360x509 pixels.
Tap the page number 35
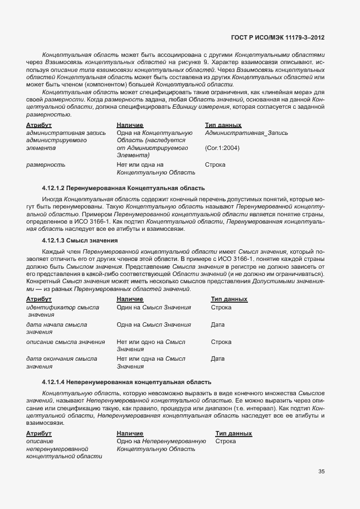[x=321, y=471]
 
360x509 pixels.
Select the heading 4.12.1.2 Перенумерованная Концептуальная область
[x=123, y=187]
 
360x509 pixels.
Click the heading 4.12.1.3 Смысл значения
[x=80, y=240]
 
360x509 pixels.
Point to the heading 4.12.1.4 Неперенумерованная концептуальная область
[x=127, y=382]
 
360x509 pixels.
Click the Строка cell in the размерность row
[x=215, y=165]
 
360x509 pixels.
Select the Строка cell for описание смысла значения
[x=221, y=342]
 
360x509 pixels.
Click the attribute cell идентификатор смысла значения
[x=62, y=311]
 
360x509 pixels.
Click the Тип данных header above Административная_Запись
[x=223, y=125]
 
